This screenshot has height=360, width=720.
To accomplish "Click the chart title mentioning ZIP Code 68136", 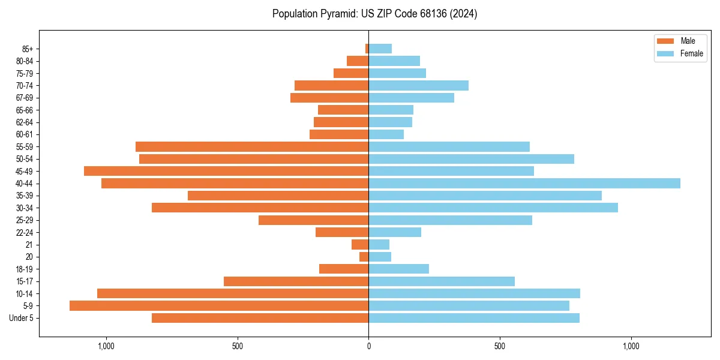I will tap(374, 14).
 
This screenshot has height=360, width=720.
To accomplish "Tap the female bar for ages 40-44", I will tap(524, 184).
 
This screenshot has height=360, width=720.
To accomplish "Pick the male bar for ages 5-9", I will tap(219, 306).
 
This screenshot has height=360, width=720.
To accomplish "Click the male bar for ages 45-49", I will tap(226, 171).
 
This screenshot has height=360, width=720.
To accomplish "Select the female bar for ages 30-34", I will tap(493, 208).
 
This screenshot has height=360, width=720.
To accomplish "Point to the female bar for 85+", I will tap(380, 49).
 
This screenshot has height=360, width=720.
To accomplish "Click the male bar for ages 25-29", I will tap(313, 220).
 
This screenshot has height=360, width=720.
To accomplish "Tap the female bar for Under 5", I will tap(473, 318).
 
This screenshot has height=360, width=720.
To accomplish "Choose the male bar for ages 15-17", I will tap(296, 281).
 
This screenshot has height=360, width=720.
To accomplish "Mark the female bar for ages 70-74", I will tap(418, 86).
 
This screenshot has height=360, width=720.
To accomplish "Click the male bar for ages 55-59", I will tap(252, 147).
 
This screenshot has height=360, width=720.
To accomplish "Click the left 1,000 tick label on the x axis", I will tap(106, 346).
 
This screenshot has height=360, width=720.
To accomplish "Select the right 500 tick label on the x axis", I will tap(499, 346).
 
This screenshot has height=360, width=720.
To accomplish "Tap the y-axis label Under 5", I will tap(22, 318).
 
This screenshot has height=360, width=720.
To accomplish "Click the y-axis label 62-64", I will tap(25, 122).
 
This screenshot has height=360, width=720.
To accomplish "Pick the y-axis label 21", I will tap(29, 245).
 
